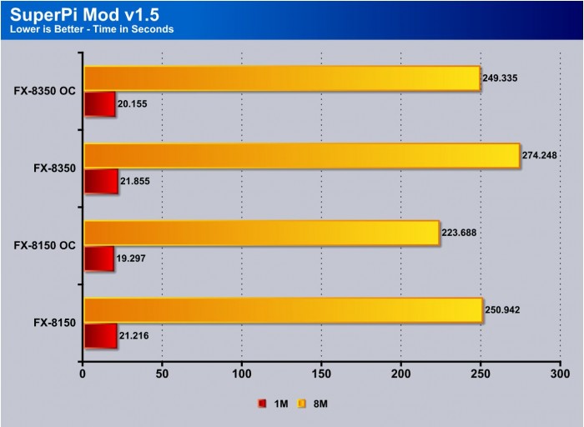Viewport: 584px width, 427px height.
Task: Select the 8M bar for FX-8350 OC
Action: (281, 78)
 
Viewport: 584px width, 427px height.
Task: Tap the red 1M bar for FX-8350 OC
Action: (99, 104)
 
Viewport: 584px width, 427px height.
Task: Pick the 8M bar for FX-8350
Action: (301, 156)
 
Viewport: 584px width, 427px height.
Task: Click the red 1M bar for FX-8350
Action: (100, 182)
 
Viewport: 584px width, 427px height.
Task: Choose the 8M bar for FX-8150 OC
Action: (261, 233)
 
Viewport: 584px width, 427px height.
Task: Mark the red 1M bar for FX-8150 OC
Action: (98, 259)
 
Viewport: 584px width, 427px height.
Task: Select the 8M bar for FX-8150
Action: (282, 310)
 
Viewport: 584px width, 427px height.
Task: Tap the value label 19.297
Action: (134, 259)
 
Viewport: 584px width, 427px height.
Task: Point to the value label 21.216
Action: (138, 336)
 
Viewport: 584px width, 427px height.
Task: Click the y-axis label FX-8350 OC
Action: (45, 90)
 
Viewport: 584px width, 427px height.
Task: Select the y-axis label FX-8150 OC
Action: (45, 245)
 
